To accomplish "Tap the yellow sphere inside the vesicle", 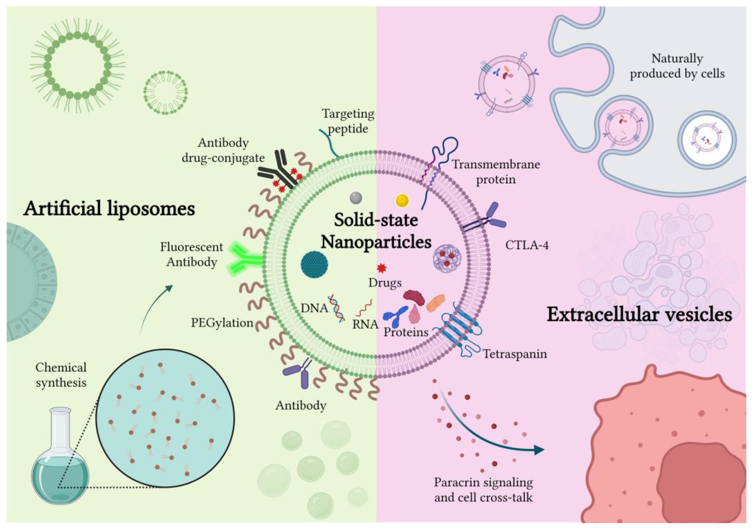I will [x=402, y=200].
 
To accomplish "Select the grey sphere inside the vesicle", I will [x=356, y=198].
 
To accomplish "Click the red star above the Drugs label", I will [x=381, y=268].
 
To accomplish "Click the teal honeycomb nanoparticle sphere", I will [x=314, y=264].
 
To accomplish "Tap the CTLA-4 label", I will [x=527, y=245].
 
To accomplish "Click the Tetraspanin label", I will [x=514, y=354].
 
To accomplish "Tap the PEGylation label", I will [x=222, y=323].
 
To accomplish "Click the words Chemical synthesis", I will [x=61, y=375].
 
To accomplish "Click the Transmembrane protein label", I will [x=496, y=172].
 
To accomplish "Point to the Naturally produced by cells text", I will [x=677, y=66].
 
